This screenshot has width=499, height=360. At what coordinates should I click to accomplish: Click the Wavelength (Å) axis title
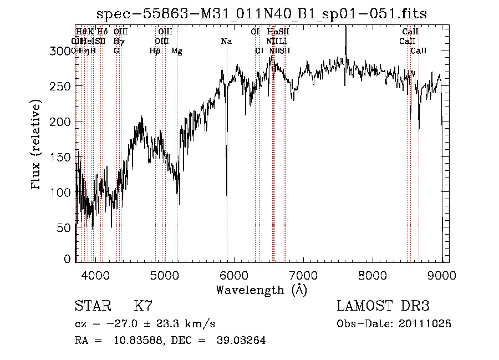261,290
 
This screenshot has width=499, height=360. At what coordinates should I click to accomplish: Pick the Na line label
226,41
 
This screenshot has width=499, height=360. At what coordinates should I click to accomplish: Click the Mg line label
176,50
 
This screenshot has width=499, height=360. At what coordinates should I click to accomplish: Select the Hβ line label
155,50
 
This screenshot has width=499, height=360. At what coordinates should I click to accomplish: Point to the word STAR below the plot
93,306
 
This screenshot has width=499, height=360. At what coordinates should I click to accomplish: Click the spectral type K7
143,306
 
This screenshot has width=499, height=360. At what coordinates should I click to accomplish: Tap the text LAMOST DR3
383,306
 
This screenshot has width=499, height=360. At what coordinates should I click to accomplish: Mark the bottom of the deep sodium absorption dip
227,195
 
